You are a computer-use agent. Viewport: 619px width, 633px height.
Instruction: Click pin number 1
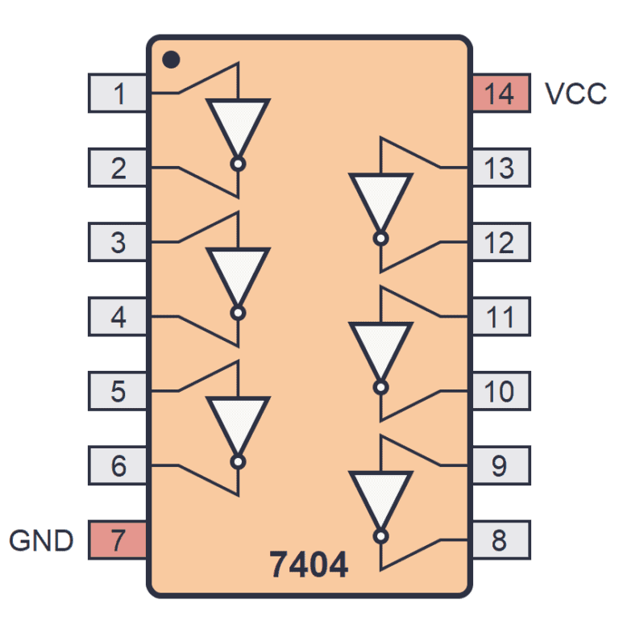click(x=118, y=94)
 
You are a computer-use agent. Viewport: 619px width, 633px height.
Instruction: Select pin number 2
click(x=118, y=169)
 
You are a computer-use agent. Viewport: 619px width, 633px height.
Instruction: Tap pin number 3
click(x=118, y=243)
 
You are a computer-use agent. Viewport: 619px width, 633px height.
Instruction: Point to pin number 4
click(x=118, y=317)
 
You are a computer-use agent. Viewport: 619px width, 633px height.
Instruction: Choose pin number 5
click(x=118, y=392)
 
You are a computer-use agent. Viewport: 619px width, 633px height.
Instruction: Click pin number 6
click(x=118, y=466)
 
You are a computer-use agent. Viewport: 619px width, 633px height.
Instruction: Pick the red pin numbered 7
click(x=118, y=540)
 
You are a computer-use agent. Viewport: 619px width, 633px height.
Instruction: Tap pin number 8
click(x=501, y=540)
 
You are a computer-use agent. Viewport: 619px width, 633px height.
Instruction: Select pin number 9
click(x=501, y=466)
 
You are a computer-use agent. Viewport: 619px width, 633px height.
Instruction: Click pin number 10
click(x=501, y=392)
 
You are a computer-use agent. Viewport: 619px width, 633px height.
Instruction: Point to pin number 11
click(x=501, y=317)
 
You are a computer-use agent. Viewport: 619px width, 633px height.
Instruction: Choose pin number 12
click(x=501, y=243)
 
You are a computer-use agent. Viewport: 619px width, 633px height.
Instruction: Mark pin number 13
click(x=501, y=169)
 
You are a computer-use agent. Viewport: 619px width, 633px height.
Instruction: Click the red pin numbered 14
click(x=501, y=94)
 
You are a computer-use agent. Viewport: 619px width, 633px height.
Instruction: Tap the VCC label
click(x=575, y=94)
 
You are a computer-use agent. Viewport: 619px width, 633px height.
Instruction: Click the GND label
click(x=42, y=540)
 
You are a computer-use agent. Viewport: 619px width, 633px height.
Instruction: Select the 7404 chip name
click(x=309, y=565)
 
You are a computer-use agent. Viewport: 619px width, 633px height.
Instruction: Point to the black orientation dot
click(x=170, y=60)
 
